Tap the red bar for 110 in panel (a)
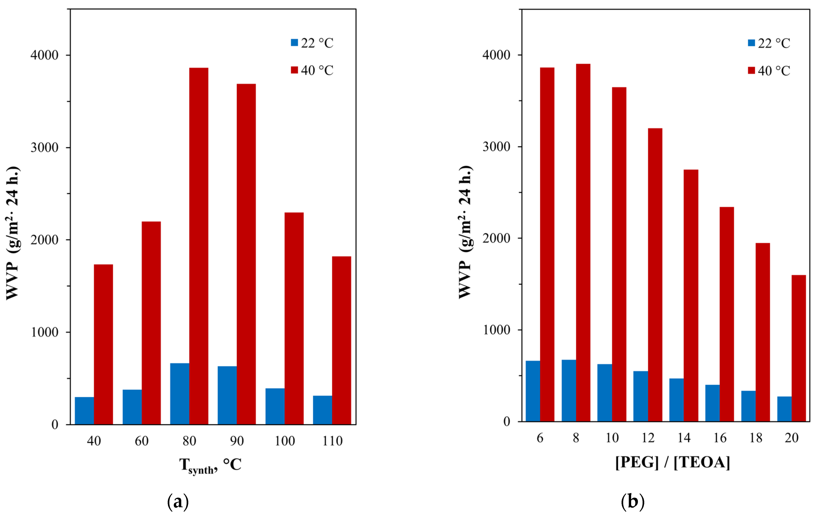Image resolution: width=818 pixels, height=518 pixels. click(x=341, y=340)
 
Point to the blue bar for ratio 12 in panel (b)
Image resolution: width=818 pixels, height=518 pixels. click(x=640, y=396)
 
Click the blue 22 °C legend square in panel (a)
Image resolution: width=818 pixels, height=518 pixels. click(x=294, y=43)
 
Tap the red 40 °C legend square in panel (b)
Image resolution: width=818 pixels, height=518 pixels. click(x=751, y=70)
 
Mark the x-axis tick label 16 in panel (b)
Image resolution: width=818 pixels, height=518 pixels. click(x=720, y=438)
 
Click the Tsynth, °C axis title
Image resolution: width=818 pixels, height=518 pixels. click(x=210, y=465)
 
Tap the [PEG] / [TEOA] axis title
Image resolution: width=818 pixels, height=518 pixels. click(x=672, y=462)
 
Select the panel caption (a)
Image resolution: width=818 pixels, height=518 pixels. click(x=178, y=502)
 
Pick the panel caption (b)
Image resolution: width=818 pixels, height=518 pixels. click(x=633, y=502)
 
